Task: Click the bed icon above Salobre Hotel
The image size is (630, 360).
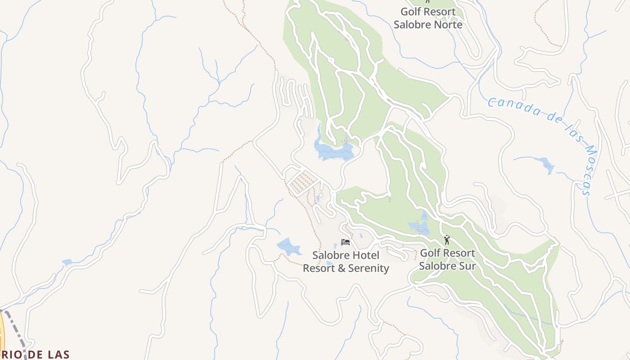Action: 346,242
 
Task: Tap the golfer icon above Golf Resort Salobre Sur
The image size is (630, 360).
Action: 447,240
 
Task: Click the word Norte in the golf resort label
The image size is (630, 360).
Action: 445,24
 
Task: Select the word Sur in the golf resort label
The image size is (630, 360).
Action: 466,266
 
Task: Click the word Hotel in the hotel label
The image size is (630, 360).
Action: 364,255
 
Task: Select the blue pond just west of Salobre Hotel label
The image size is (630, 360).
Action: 288,246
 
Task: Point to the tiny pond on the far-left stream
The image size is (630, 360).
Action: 67,262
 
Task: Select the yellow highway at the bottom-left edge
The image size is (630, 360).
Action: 1,335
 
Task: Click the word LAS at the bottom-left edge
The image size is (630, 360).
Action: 57,355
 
